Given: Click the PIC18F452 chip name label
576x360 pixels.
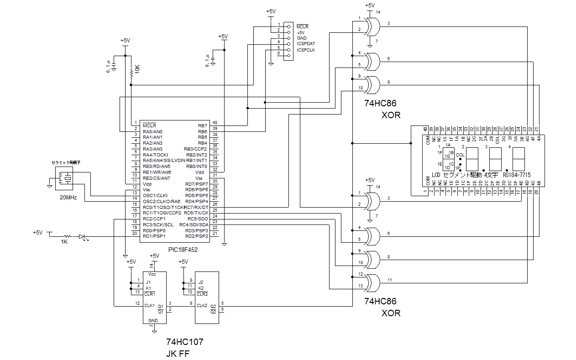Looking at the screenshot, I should pyautogui.click(x=183, y=250).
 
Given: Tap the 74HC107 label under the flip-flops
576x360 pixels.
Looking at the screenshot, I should pyautogui.click(x=184, y=342).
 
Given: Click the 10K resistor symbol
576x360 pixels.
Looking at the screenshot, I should pyautogui.click(x=131, y=72).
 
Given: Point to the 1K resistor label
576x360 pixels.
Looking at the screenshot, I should pyautogui.click(x=64, y=242).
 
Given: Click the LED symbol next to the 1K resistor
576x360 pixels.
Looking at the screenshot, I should pyautogui.click(x=83, y=236).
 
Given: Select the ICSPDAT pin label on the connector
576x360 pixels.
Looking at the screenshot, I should pyautogui.click(x=306, y=44).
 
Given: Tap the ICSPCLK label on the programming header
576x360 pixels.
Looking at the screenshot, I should pyautogui.click(x=306, y=50).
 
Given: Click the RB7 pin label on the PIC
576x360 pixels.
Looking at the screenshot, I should pyautogui.click(x=202, y=125).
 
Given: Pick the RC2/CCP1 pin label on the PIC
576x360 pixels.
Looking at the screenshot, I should pyautogui.click(x=155, y=219).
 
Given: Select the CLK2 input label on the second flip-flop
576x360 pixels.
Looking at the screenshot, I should pyautogui.click(x=202, y=305).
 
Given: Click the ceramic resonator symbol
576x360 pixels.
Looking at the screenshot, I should pyautogui.click(x=64, y=178).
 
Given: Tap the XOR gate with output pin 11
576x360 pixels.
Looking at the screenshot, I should pyautogui.click(x=373, y=283).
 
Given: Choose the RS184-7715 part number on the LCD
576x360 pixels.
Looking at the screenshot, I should pyautogui.click(x=516, y=175).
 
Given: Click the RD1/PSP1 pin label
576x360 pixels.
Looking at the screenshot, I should pyautogui.click(x=154, y=236).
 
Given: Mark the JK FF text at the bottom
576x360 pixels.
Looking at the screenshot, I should pyautogui.click(x=178, y=354).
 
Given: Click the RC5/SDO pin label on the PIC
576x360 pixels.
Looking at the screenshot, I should pyautogui.click(x=198, y=219).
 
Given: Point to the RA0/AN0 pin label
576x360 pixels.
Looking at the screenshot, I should pyautogui.click(x=153, y=131).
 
